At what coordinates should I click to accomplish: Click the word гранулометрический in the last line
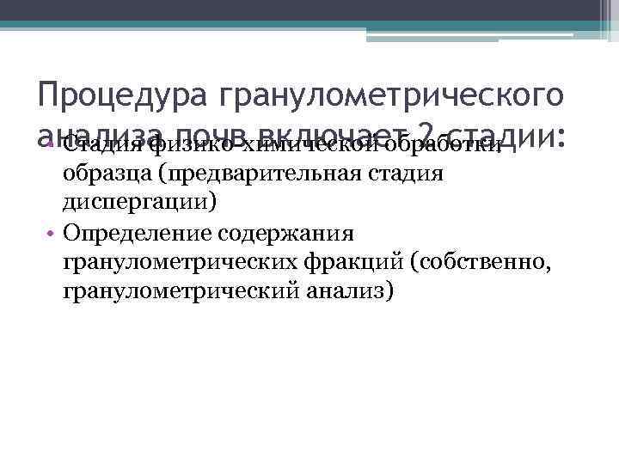tap(178, 291)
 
